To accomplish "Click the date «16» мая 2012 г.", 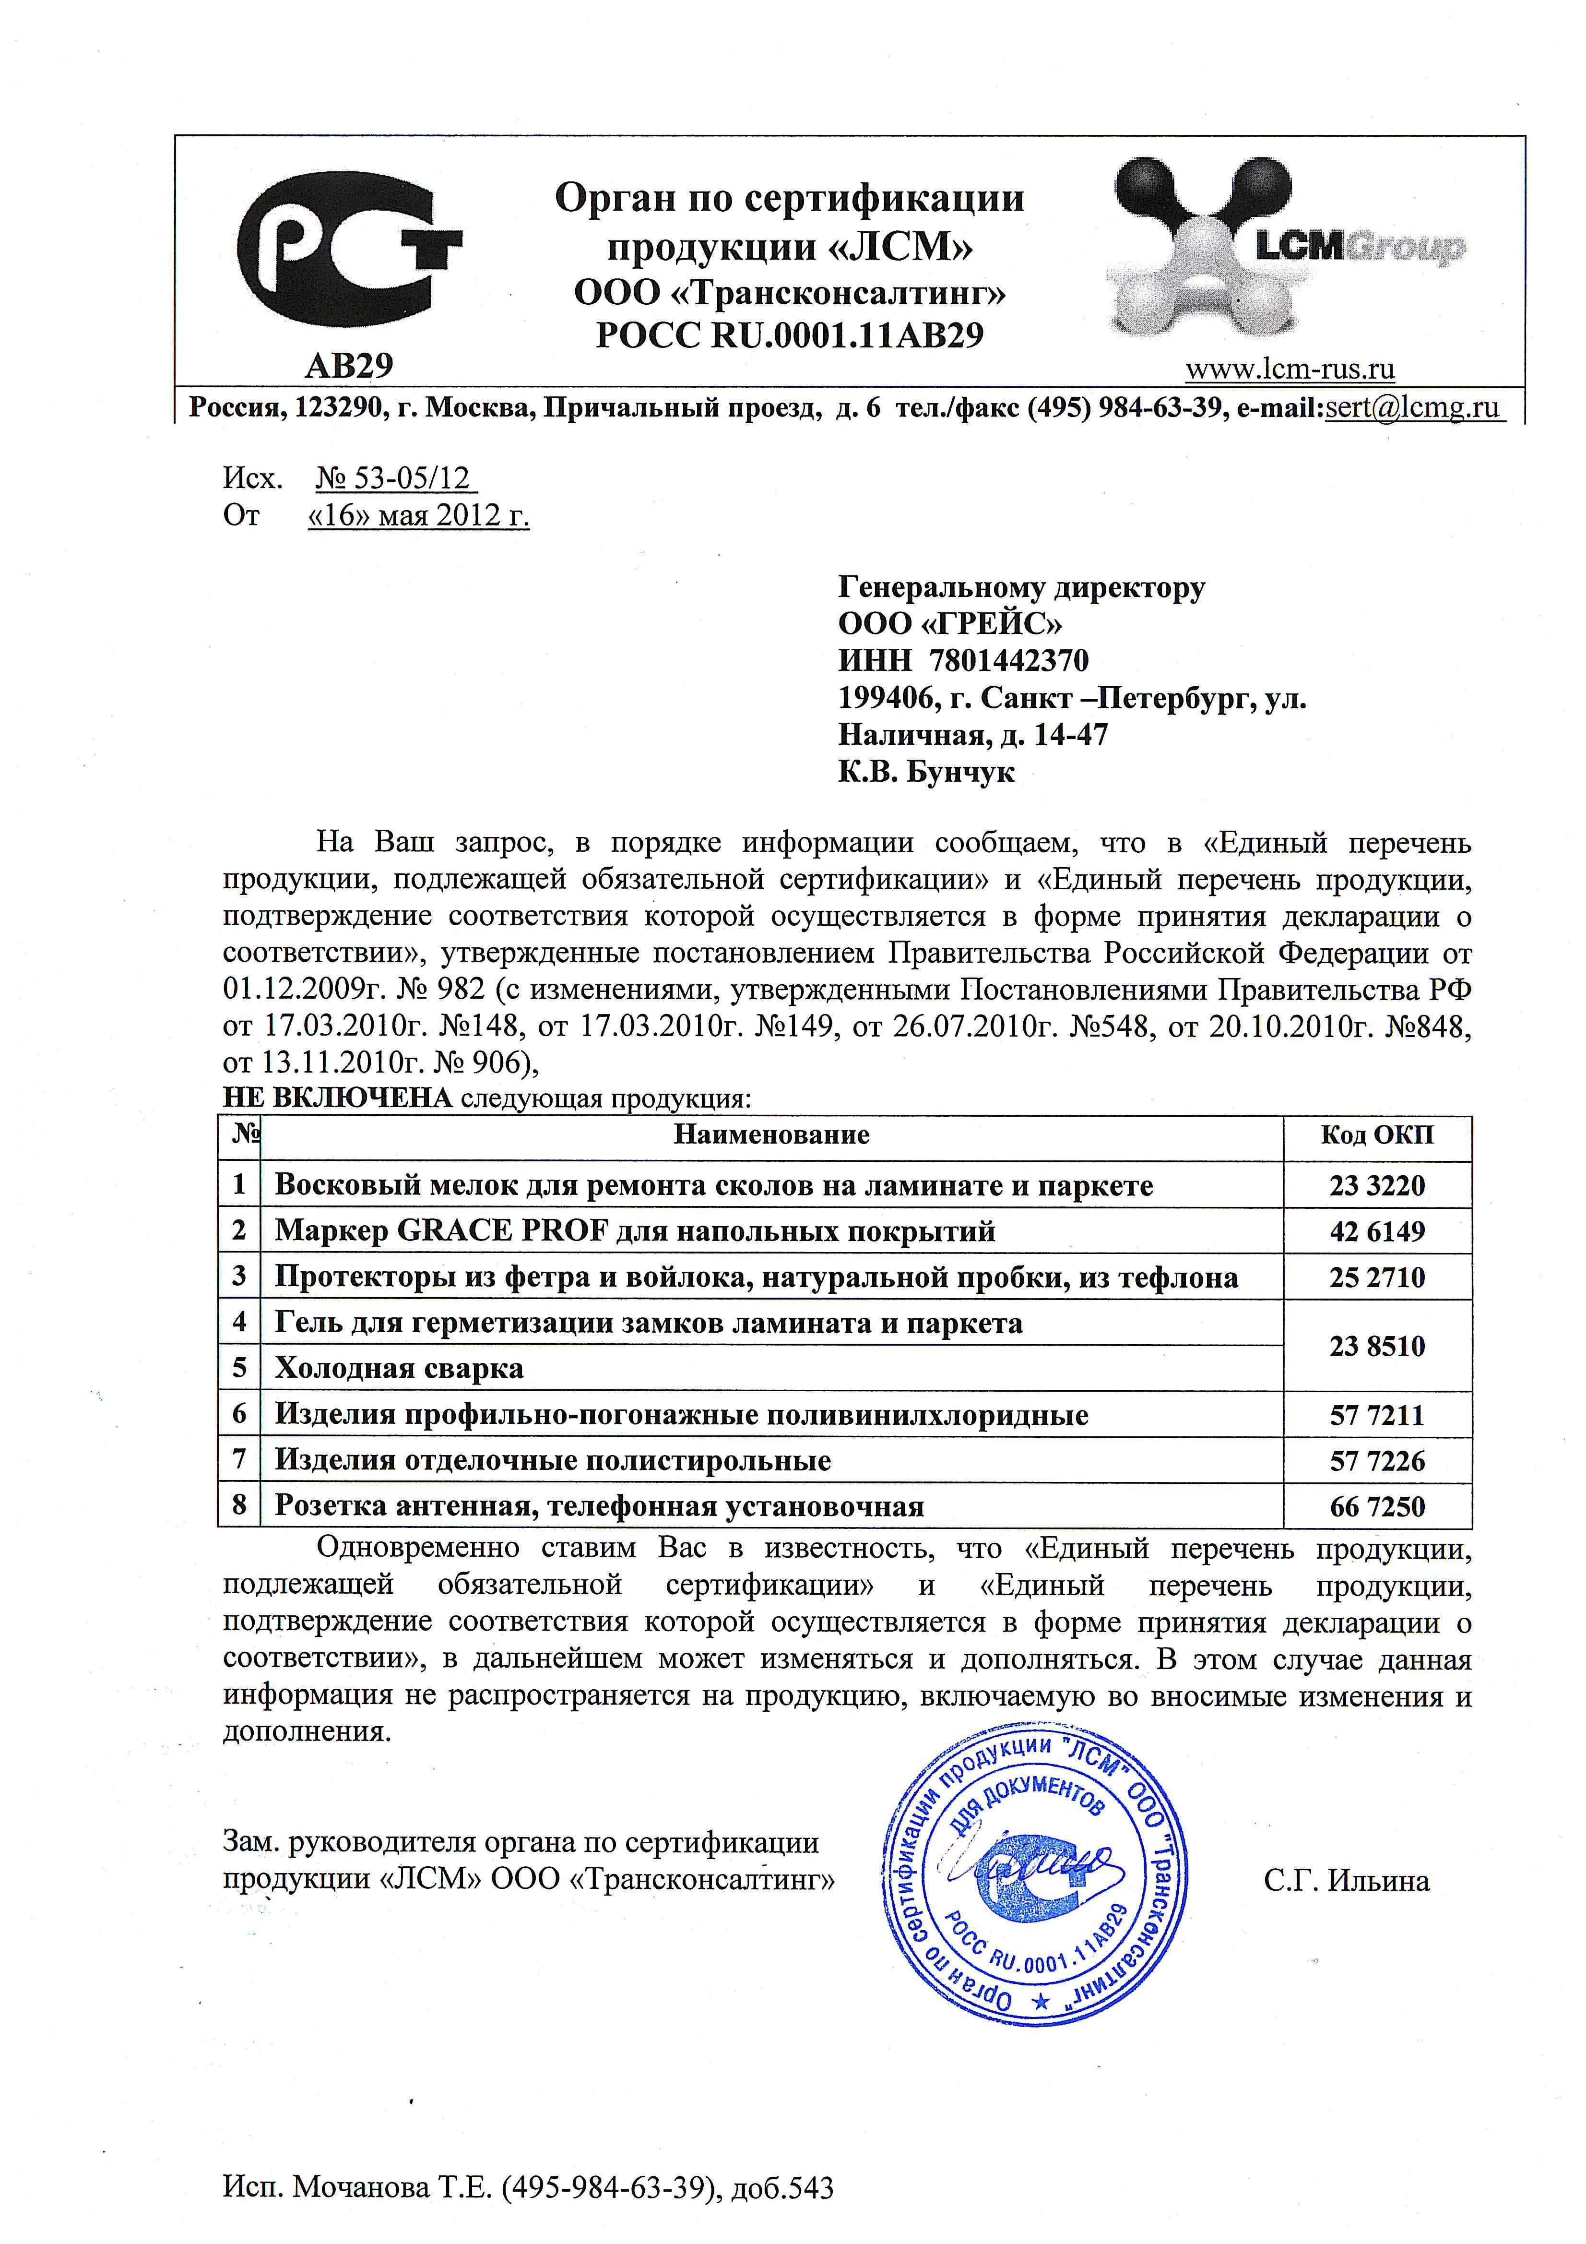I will click(418, 515).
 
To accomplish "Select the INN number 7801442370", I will click(1009, 661).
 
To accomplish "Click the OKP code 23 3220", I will click(1377, 1185).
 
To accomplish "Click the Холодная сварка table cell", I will click(399, 1368).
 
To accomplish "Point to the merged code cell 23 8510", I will click(1377, 1346).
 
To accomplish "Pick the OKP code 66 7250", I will click(1377, 1506).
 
